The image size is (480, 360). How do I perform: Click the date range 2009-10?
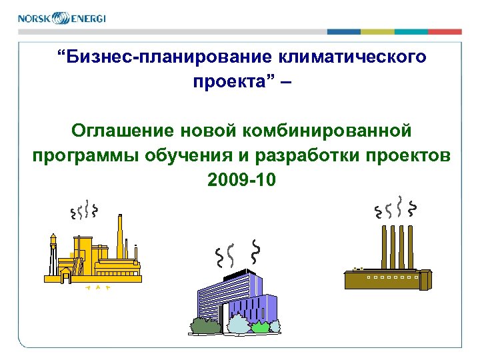(240, 180)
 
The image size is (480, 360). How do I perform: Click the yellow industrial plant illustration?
(93, 257)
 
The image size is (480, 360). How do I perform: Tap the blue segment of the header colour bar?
(343, 31)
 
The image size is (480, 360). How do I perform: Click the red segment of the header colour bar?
(445, 31)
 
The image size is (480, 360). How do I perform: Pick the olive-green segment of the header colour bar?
(377, 31)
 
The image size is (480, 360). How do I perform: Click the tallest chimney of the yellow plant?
(120, 237)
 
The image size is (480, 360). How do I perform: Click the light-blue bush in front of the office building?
(238, 325)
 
